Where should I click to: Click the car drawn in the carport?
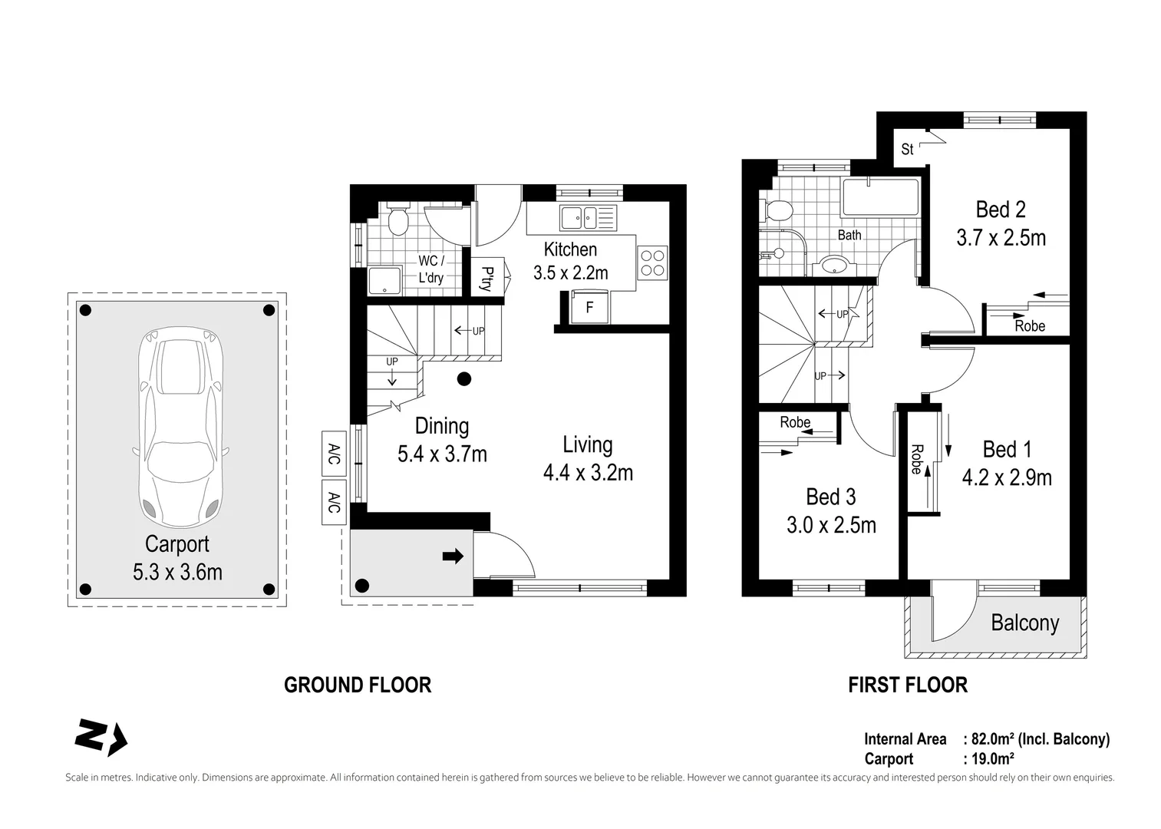pos(180,427)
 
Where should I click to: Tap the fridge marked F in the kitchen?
pos(590,308)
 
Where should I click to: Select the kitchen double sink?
pos(588,218)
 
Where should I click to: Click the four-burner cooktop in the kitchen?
pos(652,263)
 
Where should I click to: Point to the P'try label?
pos(487,279)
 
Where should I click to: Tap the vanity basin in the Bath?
pos(834,266)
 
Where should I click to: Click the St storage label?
pos(907,150)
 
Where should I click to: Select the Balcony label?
pos(1024,623)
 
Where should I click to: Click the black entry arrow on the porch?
pos(453,557)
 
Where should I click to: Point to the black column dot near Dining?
pos(464,379)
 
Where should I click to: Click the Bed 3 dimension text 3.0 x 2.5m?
pos(831,525)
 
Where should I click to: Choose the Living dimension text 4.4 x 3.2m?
pos(588,473)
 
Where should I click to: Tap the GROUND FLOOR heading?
pos(358,685)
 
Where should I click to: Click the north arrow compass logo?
pos(101,737)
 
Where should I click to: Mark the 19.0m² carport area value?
pos(992,758)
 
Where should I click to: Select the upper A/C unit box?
pos(334,454)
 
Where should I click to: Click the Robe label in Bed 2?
pos(1030,326)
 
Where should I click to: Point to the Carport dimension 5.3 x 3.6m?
pos(177,573)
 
